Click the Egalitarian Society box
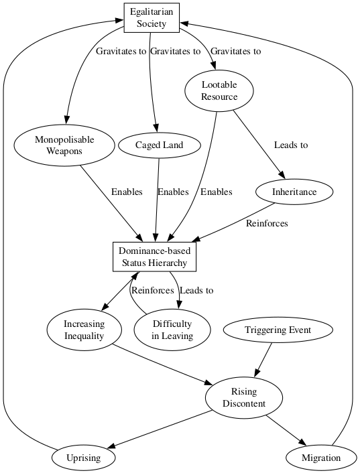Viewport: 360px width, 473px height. click(152, 17)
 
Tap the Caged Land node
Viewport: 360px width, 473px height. click(159, 145)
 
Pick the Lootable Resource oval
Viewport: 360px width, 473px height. click(219, 90)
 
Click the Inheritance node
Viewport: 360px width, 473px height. click(294, 192)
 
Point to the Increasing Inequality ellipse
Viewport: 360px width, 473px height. click(84, 330)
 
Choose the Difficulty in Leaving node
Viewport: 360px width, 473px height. click(172, 330)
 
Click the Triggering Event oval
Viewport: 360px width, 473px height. click(278, 330)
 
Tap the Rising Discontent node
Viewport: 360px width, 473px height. click(243, 397)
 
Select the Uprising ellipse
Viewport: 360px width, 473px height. click(84, 458)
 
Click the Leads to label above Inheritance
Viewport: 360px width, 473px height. click(291, 145)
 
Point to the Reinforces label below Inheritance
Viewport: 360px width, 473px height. click(266, 224)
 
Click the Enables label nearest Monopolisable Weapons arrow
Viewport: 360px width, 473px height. click(127, 192)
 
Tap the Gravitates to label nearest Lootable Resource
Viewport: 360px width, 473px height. click(236, 51)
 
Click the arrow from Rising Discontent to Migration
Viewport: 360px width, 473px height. click(285, 430)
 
